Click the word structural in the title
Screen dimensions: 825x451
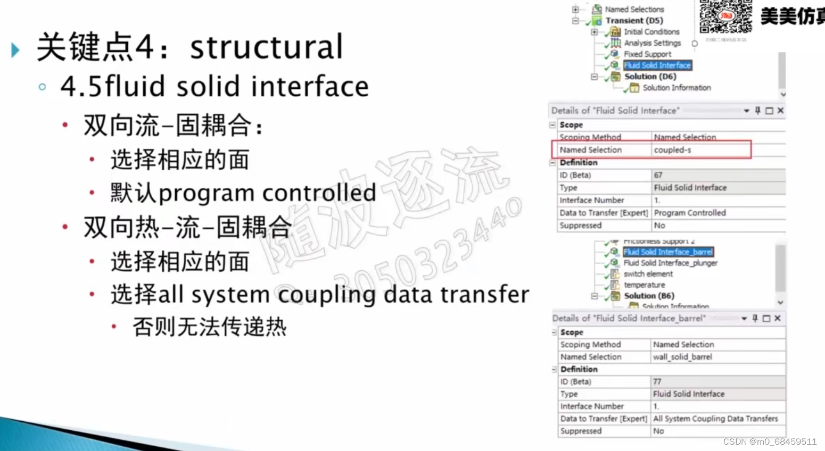pyautogui.click(x=266, y=47)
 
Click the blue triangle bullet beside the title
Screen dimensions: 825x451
pyautogui.click(x=15, y=50)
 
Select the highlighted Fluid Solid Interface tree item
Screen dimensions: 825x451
pyautogui.click(x=657, y=65)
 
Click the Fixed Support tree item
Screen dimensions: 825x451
pyautogui.click(x=647, y=54)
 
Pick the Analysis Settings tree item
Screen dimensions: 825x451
pyautogui.click(x=652, y=43)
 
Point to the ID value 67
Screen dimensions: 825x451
pyautogui.click(x=658, y=175)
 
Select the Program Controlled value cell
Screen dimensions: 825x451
pyautogui.click(x=690, y=213)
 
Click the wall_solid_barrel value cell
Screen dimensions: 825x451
pyautogui.click(x=682, y=357)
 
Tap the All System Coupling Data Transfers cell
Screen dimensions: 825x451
pyautogui.click(x=715, y=419)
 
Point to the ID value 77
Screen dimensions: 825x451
pyautogui.click(x=657, y=381)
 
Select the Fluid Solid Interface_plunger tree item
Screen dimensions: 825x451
pyautogui.click(x=670, y=263)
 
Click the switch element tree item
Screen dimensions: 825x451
pyautogui.click(x=648, y=274)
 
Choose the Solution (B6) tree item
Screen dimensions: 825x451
pyautogui.click(x=649, y=296)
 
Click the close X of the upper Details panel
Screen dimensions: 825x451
pyautogui.click(x=780, y=111)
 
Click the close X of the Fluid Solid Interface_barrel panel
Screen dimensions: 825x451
pyautogui.click(x=777, y=318)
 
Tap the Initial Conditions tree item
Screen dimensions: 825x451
pyautogui.click(x=651, y=32)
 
